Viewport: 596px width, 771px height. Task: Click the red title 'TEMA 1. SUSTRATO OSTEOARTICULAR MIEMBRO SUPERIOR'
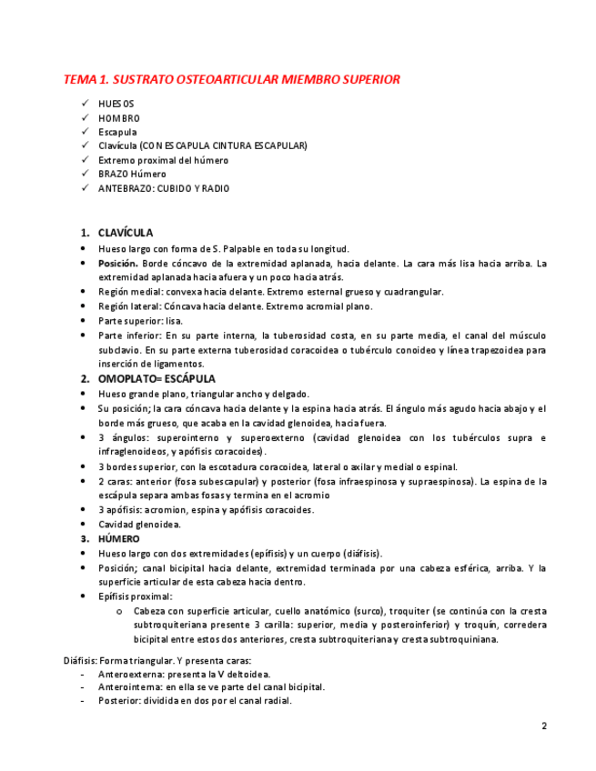click(231, 80)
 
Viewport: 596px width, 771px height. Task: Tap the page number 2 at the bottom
click(544, 726)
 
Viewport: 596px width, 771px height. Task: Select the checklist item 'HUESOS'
click(116, 104)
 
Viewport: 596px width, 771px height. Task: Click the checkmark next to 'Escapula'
click(86, 132)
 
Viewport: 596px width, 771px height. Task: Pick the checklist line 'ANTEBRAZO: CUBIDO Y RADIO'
click(164, 189)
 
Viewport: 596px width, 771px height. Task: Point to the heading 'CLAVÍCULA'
click(126, 233)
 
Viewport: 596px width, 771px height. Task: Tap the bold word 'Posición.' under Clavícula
click(119, 263)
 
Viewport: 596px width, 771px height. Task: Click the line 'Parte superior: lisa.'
click(140, 321)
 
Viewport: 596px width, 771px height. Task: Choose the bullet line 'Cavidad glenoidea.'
click(139, 525)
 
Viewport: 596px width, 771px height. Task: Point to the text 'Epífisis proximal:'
click(136, 596)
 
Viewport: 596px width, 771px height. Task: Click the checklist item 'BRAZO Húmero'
click(132, 175)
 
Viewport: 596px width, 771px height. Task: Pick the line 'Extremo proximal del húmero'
click(163, 160)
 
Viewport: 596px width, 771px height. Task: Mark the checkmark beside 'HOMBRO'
click(86, 118)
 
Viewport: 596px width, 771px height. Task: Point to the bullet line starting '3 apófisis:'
click(206, 510)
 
